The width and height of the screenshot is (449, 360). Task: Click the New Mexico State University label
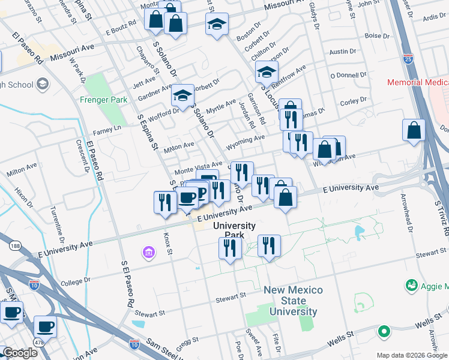point(293,301)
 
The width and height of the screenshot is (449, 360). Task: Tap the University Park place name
point(235,230)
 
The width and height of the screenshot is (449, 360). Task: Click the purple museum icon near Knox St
point(148,254)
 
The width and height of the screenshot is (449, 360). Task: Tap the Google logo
point(20,353)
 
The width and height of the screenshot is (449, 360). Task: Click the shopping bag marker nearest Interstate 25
point(414,130)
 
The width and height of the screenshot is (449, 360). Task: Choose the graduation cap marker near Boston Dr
point(217,25)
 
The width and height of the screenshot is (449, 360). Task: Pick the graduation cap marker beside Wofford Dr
point(182,95)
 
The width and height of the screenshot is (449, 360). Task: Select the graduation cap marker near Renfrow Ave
point(267,73)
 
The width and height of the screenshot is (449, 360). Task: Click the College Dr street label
point(75,280)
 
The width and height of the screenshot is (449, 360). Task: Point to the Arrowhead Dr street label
point(410,219)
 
